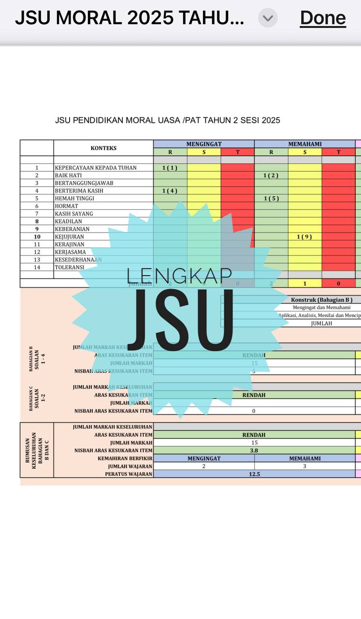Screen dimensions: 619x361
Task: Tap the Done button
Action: pos(323,18)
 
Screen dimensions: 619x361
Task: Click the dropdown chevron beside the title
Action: pos(268,18)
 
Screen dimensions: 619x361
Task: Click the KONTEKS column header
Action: pos(103,148)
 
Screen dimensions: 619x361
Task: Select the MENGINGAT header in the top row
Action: pos(204,144)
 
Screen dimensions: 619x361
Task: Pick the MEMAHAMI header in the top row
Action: pos(305,144)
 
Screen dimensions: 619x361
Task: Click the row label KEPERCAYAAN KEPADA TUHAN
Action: pos(96,168)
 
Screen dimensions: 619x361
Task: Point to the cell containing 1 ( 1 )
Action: pos(170,168)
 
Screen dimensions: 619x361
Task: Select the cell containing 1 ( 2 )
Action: pos(271,176)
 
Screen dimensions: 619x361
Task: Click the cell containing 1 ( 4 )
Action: pos(170,191)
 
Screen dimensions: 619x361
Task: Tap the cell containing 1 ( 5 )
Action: pos(271,198)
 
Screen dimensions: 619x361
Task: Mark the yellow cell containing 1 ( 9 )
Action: pos(305,236)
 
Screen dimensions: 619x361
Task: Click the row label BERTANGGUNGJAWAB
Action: pos(84,183)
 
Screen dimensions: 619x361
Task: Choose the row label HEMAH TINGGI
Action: pos(74,198)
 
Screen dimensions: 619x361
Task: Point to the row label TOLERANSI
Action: pos(70,267)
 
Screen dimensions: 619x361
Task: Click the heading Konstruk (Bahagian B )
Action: pos(325,300)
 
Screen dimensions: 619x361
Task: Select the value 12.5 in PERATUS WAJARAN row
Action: pos(254,474)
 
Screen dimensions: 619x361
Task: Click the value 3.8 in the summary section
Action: pos(254,450)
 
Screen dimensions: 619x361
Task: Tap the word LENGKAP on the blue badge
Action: pos(179,276)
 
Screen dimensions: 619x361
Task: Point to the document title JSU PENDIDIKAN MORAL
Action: pos(167,120)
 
